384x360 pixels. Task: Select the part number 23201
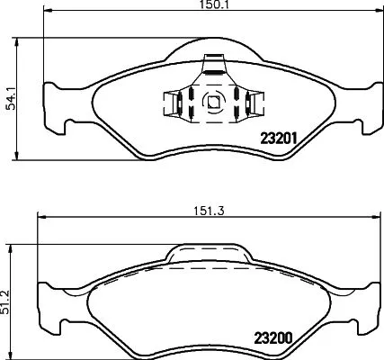point(278,138)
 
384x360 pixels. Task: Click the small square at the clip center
point(212,103)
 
